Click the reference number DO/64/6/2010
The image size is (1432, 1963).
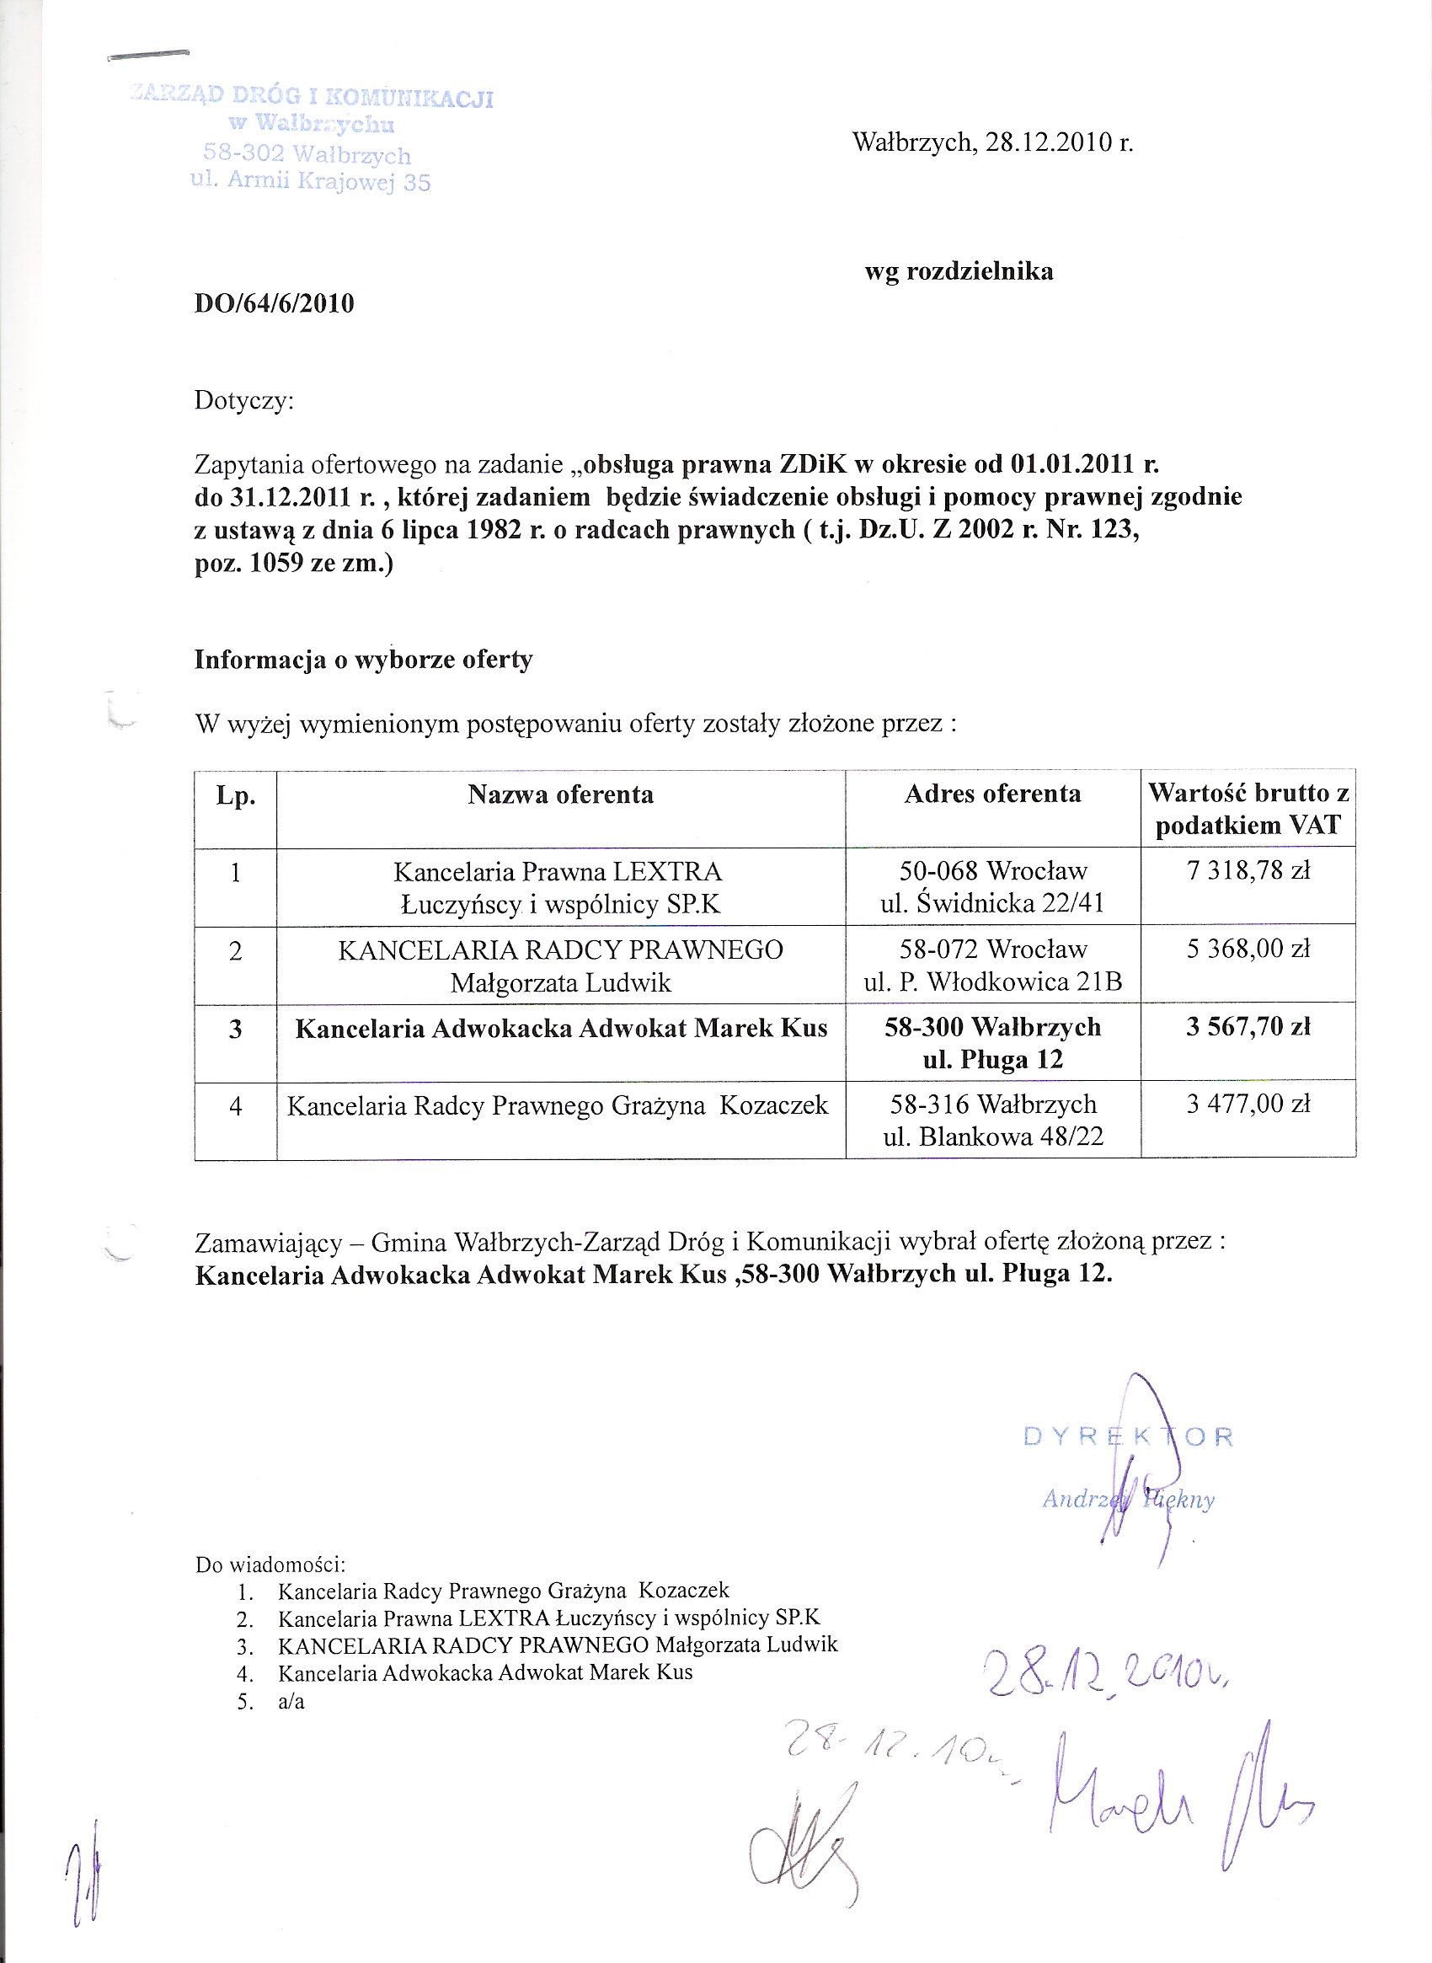274,303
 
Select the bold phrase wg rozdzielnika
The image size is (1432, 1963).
959,271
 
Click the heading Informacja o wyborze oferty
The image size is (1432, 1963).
363,660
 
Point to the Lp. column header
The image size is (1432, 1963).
236,796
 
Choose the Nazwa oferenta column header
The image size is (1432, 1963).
560,794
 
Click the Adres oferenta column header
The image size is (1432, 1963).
992,794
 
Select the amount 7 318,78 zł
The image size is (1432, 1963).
1248,869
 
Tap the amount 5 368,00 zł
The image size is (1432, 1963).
1248,949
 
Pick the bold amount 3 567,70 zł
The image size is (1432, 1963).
1248,1027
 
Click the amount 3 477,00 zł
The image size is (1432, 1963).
1248,1104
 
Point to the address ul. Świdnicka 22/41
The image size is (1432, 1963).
992,903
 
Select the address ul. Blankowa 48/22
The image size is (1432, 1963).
992,1137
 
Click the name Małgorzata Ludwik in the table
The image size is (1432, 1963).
561,982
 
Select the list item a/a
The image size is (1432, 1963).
291,1701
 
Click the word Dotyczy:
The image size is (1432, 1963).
244,400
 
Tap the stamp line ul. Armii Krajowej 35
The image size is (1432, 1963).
310,181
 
